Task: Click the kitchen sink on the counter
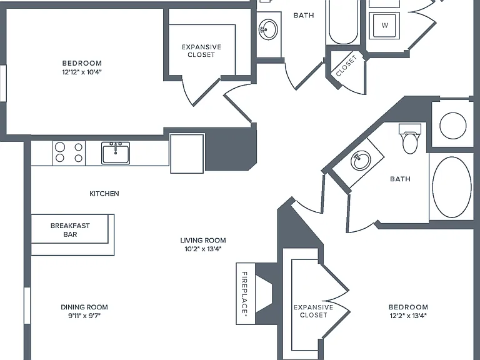click(116, 152)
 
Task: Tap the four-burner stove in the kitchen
click(69, 152)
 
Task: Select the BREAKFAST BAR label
click(70, 230)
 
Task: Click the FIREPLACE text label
click(245, 293)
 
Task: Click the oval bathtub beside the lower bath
click(452, 187)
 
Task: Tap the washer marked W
click(384, 26)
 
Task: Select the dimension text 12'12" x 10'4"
click(82, 72)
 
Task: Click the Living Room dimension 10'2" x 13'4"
click(203, 249)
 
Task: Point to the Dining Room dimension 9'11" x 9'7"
click(84, 316)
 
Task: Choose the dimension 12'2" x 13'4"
click(408, 316)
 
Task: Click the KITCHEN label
click(104, 194)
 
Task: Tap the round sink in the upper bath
click(269, 30)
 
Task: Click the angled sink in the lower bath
click(361, 161)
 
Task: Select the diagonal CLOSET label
click(346, 66)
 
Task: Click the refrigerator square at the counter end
click(187, 153)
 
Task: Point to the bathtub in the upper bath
click(343, 22)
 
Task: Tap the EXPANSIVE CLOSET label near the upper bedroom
click(201, 51)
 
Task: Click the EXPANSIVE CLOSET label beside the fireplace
click(314, 311)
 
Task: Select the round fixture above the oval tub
click(452, 126)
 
